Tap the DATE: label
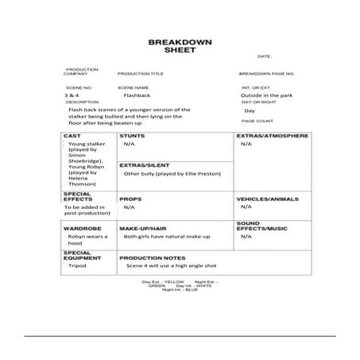(x=265, y=57)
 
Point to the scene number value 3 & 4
(x=72, y=95)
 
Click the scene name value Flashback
(x=137, y=95)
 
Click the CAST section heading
(x=72, y=136)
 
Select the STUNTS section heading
(x=132, y=137)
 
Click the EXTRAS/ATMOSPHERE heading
(x=272, y=137)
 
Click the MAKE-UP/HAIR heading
(x=142, y=227)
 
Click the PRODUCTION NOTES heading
(x=153, y=257)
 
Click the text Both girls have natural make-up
(x=165, y=236)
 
